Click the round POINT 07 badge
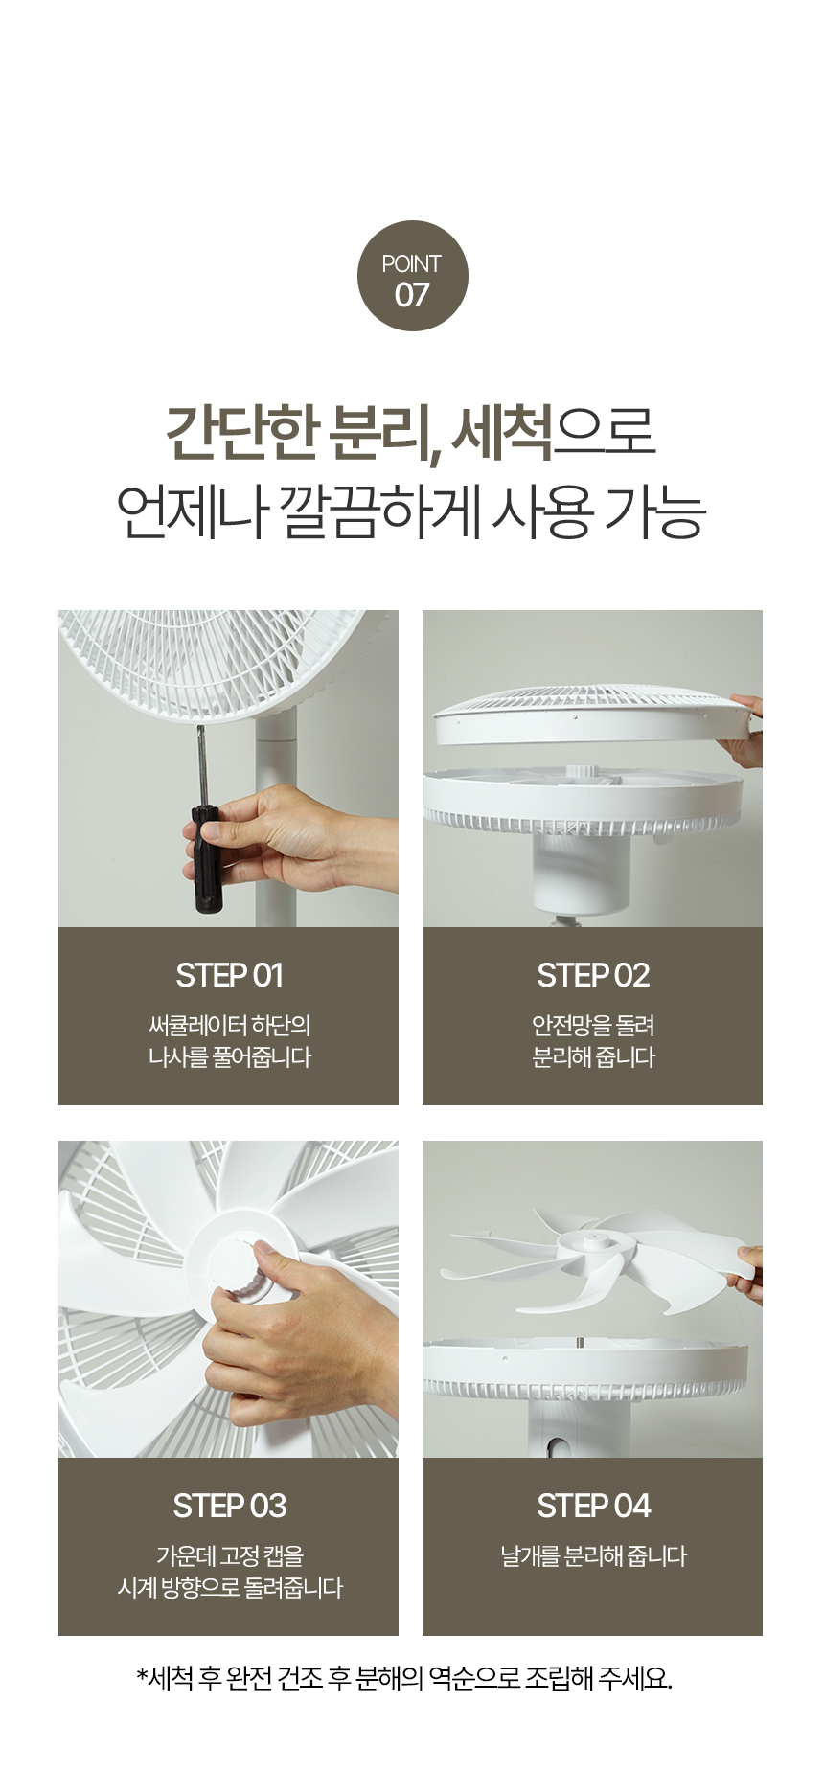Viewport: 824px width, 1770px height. coord(412,276)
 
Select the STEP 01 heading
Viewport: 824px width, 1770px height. coord(229,975)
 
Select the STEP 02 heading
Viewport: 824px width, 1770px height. coord(593,975)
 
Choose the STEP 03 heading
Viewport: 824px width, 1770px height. coord(229,1506)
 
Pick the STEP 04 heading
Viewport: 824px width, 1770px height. coord(593,1506)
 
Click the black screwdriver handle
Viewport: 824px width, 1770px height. coord(206,859)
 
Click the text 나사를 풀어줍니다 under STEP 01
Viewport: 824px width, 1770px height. coord(229,1058)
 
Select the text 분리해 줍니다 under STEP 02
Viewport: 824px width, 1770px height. coord(593,1058)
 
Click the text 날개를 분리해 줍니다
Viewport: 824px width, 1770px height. coord(593,1556)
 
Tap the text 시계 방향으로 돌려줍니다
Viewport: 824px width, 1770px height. coord(229,1588)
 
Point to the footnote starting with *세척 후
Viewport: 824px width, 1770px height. coord(404,1678)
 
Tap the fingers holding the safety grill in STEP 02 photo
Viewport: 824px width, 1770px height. coord(746,731)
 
